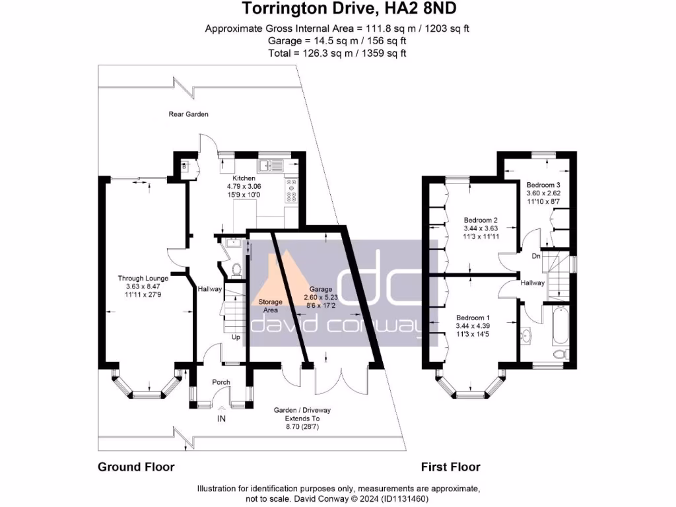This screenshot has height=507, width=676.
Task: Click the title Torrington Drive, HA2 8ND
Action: coord(337,9)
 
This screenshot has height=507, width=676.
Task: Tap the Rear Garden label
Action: coord(188,114)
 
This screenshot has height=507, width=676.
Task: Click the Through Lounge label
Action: coord(143,279)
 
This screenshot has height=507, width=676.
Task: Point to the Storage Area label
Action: coord(270,306)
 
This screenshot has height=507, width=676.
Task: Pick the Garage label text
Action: coord(321,289)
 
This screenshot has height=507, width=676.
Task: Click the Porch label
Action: coord(220,382)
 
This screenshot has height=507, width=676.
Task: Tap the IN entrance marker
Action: coord(221,419)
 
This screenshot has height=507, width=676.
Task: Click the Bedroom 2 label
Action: coord(480,220)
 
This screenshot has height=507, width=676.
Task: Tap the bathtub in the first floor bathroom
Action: coord(560,325)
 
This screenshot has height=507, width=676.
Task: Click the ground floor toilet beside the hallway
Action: coord(237,269)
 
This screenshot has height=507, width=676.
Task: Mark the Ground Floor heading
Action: coord(136,467)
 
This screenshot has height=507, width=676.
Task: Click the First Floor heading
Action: coord(450,467)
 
